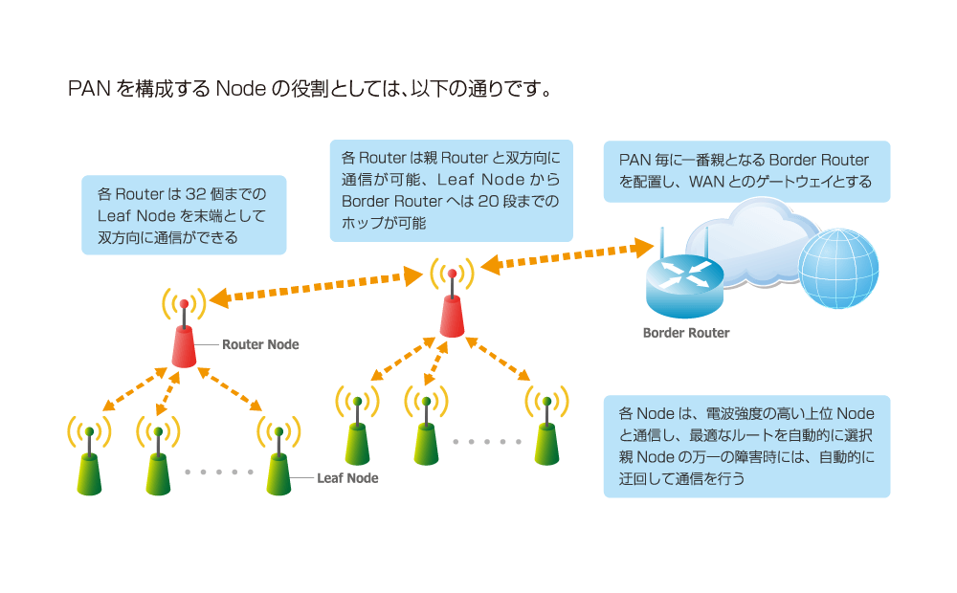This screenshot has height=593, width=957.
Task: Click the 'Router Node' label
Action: coord(260,344)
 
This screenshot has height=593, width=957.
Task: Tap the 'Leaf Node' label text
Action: coord(347,478)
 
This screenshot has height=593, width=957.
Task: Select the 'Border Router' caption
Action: coord(686,333)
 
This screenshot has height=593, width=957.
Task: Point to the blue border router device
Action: coord(686,282)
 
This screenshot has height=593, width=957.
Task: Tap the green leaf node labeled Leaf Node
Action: coord(278,469)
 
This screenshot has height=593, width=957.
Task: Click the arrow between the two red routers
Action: coord(317,287)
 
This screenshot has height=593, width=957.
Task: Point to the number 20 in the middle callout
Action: coord(486,202)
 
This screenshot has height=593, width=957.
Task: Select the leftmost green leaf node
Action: coord(89,469)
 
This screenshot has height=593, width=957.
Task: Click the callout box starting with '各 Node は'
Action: coord(746,447)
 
